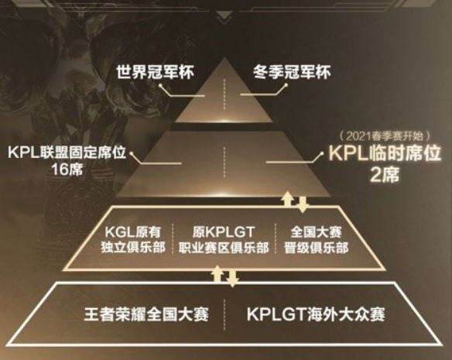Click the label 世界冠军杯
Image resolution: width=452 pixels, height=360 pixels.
pyautogui.click(x=156, y=72)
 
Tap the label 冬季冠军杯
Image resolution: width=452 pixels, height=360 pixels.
pyautogui.click(x=292, y=72)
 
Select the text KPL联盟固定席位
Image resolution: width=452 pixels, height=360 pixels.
pyautogui.click(x=67, y=153)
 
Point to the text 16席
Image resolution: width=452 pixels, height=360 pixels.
pyautogui.click(x=67, y=169)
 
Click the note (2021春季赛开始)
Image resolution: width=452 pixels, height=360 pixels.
pyautogui.click(x=385, y=135)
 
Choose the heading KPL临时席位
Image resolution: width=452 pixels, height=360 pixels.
pyautogui.click(x=385, y=153)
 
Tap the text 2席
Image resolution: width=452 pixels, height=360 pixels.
pyautogui.click(x=385, y=174)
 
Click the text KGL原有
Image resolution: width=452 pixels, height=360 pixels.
pyautogui.click(x=133, y=231)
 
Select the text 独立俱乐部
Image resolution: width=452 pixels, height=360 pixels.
pyautogui.click(x=133, y=248)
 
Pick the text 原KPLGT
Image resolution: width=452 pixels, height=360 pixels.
pyautogui.click(x=224, y=231)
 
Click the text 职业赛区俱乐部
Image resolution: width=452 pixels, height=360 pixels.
pyautogui.click(x=224, y=248)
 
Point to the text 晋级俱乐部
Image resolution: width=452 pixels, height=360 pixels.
pyautogui.click(x=317, y=248)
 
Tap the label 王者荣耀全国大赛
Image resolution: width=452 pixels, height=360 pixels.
pyautogui.click(x=146, y=314)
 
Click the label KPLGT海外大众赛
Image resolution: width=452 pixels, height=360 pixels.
pyautogui.click(x=316, y=314)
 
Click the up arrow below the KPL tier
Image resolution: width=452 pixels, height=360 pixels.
pyautogui.click(x=288, y=199)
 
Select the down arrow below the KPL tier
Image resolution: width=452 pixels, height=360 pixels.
pyautogui.click(x=302, y=204)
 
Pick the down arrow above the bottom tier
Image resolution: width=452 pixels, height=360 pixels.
pyautogui.click(x=232, y=279)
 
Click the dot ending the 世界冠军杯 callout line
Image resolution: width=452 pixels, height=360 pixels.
pyautogui.click(x=160, y=85)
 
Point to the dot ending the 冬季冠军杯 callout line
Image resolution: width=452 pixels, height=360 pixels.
pyautogui.click(x=286, y=85)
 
